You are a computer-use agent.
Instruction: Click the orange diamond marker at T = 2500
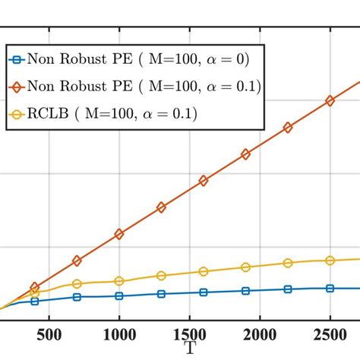[x=330, y=100]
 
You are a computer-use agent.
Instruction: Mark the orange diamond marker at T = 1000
[x=118, y=234]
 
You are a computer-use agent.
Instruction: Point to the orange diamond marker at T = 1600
[x=203, y=181]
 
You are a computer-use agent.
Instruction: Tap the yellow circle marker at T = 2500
[x=330, y=261]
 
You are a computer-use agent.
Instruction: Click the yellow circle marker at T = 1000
[x=118, y=281]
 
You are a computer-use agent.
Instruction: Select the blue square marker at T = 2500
[x=330, y=288]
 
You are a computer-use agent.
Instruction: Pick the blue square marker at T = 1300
[x=161, y=294]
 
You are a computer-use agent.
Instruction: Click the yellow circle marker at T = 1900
[x=245, y=267]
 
